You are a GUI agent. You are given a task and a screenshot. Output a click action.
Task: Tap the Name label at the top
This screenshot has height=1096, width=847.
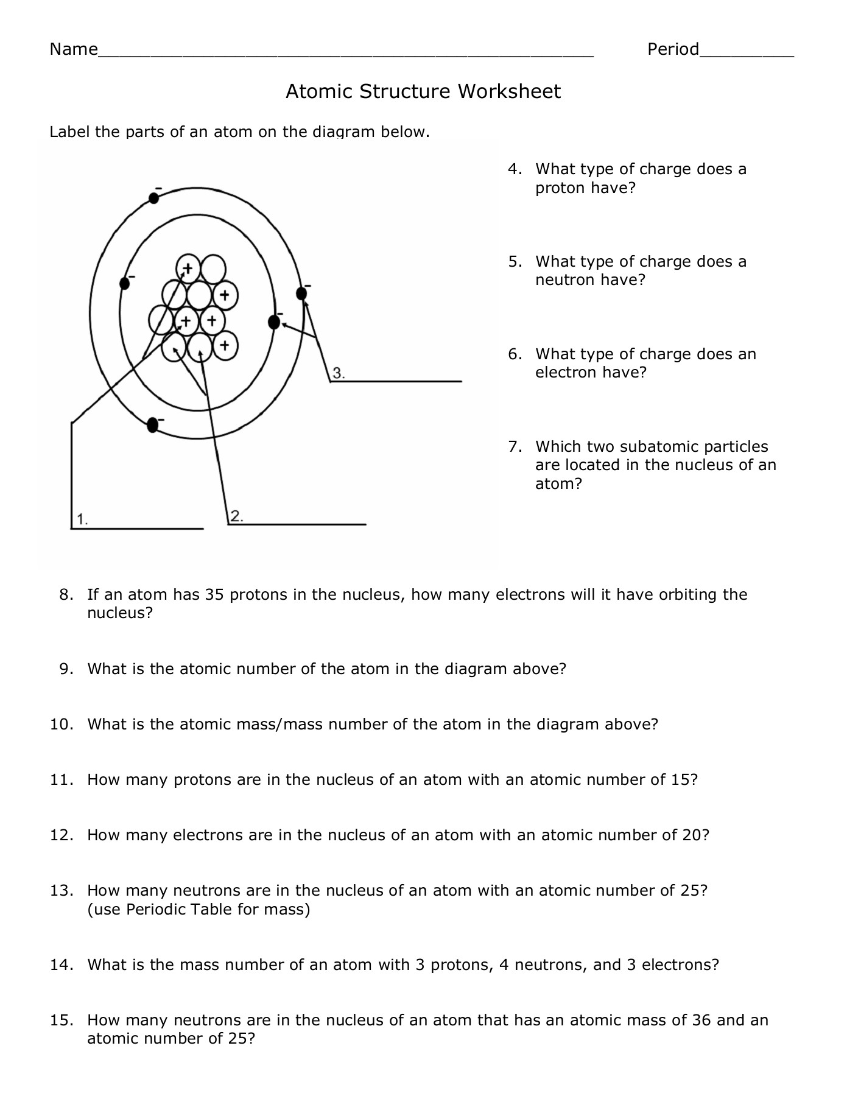point(73,49)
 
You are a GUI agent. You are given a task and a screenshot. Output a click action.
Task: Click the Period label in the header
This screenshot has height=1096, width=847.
point(673,49)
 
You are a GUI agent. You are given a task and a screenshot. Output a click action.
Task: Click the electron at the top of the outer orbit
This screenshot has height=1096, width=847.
point(155,197)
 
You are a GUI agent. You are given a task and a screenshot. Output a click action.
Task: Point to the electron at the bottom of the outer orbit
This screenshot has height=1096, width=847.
point(152,425)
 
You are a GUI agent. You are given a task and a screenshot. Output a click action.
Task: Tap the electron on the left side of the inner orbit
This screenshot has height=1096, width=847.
point(125,283)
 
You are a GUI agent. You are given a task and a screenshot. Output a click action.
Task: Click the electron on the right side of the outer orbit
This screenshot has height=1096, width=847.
point(301,293)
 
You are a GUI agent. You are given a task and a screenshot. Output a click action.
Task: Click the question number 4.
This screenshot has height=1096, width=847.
point(515,169)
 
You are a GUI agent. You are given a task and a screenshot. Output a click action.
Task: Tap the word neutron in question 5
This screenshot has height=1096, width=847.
point(565,280)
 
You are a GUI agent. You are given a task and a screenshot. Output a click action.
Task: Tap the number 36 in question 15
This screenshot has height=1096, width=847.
point(701,1020)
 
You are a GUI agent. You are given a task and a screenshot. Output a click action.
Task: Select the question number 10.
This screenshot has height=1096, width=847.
point(61,725)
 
